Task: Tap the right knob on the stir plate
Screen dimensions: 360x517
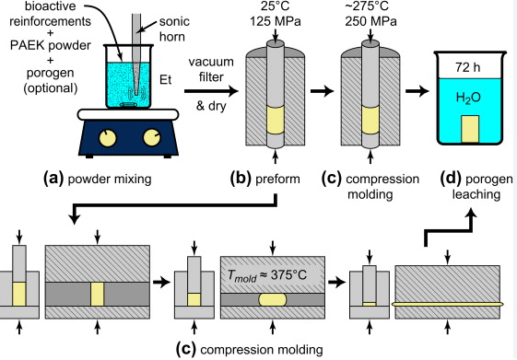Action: [152, 139]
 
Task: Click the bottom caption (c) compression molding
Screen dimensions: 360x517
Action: [249, 348]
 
